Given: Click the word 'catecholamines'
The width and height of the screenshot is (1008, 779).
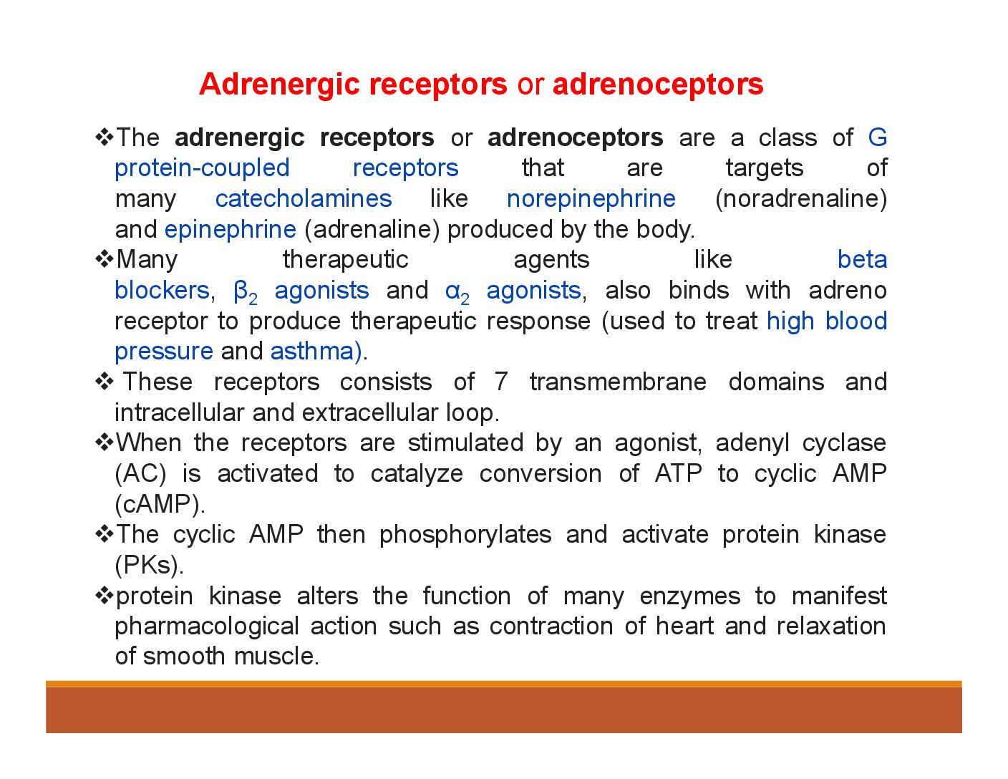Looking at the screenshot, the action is click(304, 198).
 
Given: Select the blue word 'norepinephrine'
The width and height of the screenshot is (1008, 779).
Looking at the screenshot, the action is click(591, 200).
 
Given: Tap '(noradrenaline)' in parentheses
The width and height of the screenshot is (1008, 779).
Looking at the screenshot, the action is click(801, 199).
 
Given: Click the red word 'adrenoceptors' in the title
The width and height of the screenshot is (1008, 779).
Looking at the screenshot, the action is click(658, 84).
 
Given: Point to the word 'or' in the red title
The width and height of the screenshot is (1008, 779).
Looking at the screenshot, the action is click(530, 87).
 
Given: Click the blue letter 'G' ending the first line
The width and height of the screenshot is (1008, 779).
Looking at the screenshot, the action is click(877, 137).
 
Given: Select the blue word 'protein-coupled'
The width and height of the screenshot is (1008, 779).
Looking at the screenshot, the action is click(203, 168).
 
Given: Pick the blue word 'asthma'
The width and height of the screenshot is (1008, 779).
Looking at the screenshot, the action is click(312, 352).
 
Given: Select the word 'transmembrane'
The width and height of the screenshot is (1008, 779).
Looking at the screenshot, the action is click(618, 382).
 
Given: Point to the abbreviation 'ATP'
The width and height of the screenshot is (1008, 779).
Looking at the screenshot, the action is click(678, 473).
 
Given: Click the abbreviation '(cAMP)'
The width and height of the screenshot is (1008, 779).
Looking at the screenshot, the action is click(160, 504).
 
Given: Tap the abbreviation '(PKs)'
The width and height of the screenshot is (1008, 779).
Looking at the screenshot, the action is click(149, 565).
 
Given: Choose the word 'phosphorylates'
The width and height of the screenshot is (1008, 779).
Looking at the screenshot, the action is click(465, 536).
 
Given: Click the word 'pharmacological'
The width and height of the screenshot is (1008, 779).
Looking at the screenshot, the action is click(207, 627).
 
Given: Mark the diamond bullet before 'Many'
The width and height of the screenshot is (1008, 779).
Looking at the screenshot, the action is click(105, 259).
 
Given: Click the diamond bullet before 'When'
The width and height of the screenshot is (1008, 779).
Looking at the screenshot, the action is click(105, 442).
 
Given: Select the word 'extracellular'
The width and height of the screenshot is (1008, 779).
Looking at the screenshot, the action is click(369, 412).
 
